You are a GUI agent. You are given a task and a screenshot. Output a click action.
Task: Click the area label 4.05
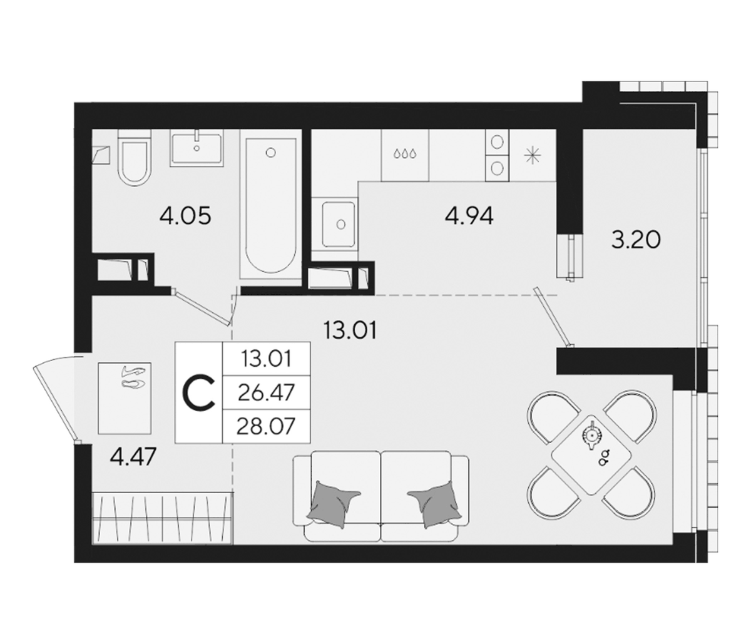tap(185, 217)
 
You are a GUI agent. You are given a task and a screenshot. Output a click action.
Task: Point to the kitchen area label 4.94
tap(469, 217)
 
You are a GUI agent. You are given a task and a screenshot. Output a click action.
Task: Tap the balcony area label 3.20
tap(636, 240)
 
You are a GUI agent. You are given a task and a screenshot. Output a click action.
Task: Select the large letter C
tap(198, 393)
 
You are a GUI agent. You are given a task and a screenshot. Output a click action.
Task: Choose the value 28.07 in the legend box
tap(265, 427)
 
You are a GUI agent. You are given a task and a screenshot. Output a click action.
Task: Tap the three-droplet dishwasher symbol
tap(405, 154)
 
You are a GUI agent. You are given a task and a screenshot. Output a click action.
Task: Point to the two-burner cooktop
tap(498, 156)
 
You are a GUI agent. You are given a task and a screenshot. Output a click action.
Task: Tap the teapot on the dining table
tap(592, 435)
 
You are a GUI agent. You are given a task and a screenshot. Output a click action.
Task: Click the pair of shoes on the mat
tap(134, 376)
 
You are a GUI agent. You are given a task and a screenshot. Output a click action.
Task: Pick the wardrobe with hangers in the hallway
tap(163, 517)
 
